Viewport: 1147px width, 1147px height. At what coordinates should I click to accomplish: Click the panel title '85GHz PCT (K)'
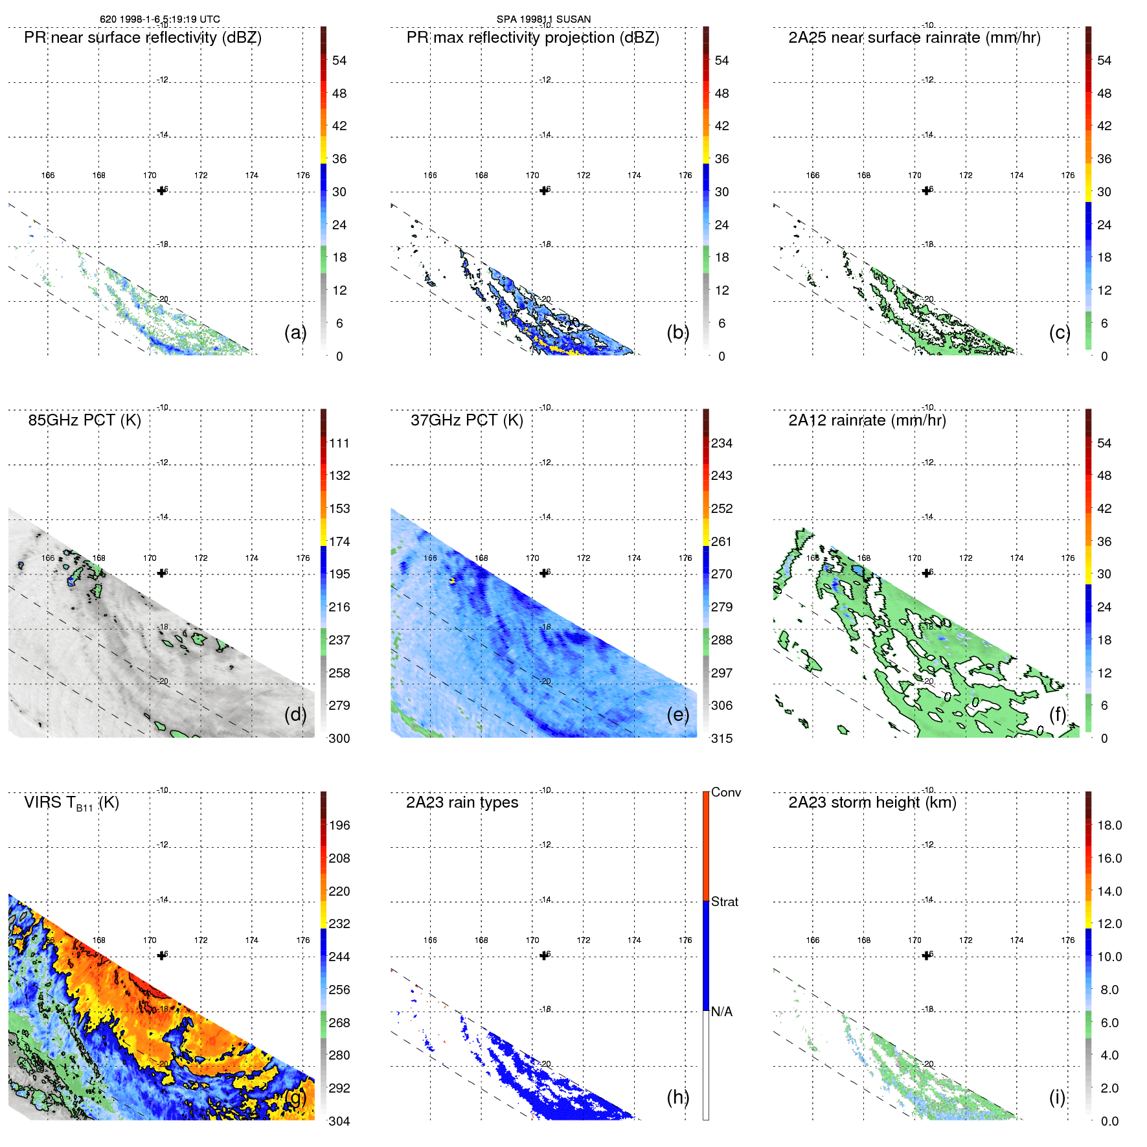[84, 420]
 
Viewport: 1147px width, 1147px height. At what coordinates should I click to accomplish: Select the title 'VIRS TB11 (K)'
[71, 803]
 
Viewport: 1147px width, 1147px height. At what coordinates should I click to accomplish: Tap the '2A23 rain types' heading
[462, 802]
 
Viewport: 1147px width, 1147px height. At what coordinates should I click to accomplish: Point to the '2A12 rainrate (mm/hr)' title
[867, 420]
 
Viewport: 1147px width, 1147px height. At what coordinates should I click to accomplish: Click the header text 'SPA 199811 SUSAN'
[543, 19]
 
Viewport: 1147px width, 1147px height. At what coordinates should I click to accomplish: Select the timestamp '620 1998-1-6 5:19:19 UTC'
[159, 19]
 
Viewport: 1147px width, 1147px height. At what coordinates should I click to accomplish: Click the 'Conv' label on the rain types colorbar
[725, 792]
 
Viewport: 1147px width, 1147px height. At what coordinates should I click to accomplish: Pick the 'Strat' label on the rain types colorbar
[724, 902]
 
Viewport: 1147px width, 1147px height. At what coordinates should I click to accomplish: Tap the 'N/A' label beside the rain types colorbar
[721, 1012]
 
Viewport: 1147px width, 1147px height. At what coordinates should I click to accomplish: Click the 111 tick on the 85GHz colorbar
[339, 443]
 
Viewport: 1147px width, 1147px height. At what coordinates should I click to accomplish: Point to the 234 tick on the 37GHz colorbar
[721, 443]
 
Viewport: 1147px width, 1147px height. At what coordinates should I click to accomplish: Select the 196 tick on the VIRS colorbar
[339, 825]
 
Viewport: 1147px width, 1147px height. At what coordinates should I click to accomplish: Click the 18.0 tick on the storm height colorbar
[1109, 825]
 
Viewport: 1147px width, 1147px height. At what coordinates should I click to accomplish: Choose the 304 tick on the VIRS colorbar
[339, 1121]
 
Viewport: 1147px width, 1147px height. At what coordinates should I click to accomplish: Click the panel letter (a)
[295, 332]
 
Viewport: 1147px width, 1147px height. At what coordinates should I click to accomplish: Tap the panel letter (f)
[1057, 714]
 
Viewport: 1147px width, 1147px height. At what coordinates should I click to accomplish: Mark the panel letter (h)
[677, 1096]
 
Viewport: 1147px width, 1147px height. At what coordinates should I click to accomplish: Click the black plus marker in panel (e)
[544, 573]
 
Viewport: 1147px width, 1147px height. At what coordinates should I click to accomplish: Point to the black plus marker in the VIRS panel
[162, 955]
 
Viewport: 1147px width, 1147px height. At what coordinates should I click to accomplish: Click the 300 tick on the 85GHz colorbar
[339, 738]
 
